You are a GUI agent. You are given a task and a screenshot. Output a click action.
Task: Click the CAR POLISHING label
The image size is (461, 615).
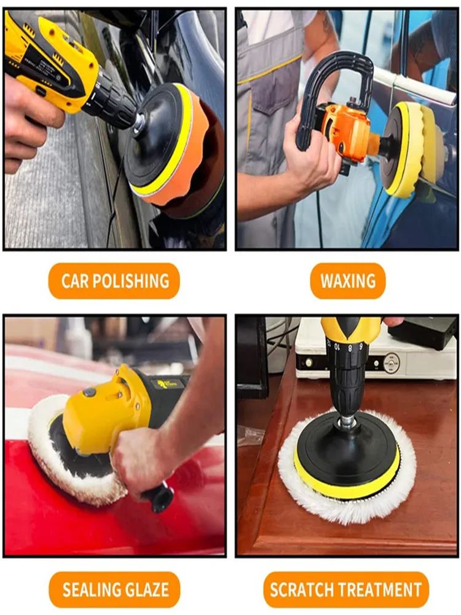click(x=114, y=281)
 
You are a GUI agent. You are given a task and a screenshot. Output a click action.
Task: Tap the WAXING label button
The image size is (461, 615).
click(x=348, y=281)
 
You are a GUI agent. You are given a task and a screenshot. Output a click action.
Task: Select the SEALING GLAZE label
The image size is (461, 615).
click(x=114, y=590)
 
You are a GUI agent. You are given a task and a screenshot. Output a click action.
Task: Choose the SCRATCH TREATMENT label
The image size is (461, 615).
click(x=345, y=590)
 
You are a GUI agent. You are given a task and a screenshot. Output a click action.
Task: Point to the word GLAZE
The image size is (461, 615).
click(x=148, y=590)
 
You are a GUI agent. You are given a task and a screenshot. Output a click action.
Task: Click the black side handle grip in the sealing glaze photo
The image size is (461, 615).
click(x=160, y=496)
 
